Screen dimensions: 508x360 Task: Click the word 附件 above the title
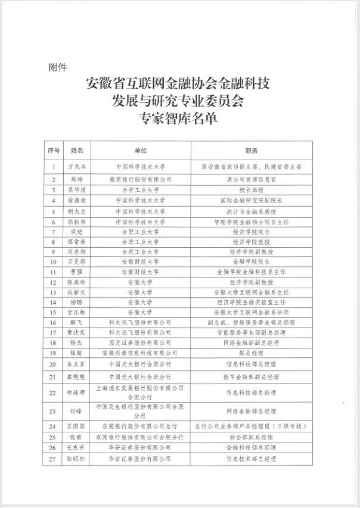(58, 67)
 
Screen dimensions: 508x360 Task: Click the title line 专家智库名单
(178, 117)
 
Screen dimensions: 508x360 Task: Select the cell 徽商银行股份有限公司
(141, 179)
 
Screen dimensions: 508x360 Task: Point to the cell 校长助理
(251, 189)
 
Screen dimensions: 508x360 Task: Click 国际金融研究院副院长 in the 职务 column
(251, 200)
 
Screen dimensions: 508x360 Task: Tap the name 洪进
(77, 232)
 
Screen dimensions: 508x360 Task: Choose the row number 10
(54, 261)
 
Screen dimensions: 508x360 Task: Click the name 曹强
(77, 272)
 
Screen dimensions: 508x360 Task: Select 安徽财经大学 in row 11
(141, 272)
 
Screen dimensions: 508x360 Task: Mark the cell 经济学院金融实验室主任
(251, 302)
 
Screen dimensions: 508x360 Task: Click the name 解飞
(77, 322)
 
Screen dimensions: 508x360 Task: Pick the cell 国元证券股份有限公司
(141, 343)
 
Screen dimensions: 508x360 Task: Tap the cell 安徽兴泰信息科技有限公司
(141, 353)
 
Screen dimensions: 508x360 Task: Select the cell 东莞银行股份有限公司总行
(141, 426)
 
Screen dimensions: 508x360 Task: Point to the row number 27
(54, 459)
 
